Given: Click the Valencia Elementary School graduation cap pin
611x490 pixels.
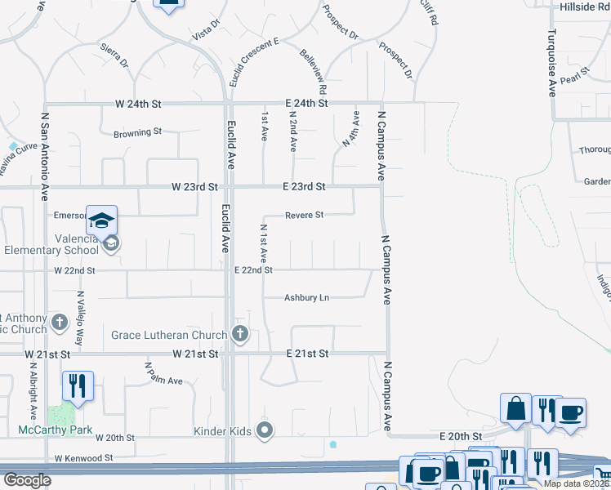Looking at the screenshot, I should point(102,220).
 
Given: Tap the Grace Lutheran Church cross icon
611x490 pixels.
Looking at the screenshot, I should point(239,333).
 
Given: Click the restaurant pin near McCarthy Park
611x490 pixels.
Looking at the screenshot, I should point(78,385).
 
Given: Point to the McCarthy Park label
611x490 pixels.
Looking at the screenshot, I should point(56,430).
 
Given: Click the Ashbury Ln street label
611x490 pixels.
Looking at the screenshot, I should point(306,298).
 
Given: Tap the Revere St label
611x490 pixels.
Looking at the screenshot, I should point(305,216).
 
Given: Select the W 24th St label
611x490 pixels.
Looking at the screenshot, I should point(140,105).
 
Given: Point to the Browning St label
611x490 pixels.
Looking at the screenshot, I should point(137,132).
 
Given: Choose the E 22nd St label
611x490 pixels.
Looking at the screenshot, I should point(253,269).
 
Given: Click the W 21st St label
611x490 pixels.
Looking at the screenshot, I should point(195,354).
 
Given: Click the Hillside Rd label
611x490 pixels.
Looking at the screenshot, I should point(585,7).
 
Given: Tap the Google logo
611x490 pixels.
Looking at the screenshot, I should point(27,480).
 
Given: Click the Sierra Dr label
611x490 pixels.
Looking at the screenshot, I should point(114,56).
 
